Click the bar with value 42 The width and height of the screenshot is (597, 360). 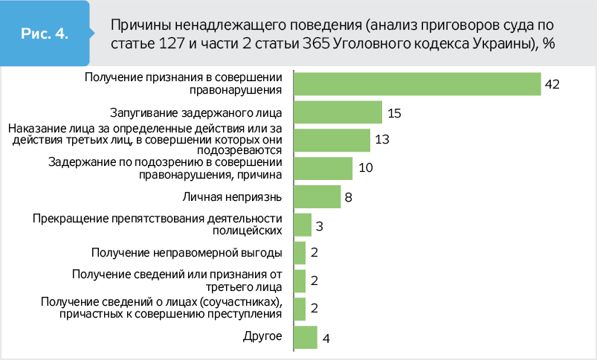click(x=417, y=84)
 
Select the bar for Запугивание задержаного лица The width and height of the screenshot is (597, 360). click(x=338, y=112)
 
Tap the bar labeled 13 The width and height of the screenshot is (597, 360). click(x=332, y=140)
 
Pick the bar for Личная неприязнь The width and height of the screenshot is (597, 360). click(x=317, y=196)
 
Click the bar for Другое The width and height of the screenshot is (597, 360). click(x=306, y=338)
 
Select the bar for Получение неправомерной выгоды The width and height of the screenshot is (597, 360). click(x=300, y=253)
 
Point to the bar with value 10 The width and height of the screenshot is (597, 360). click(x=323, y=168)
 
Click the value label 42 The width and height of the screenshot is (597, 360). click(x=552, y=84)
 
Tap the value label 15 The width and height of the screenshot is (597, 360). click(x=394, y=113)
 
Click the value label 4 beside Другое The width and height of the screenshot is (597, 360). click(x=326, y=338)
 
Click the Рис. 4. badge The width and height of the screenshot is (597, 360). click(x=45, y=34)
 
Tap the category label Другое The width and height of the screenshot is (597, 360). click(x=262, y=337)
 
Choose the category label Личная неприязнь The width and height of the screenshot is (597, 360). click(x=233, y=196)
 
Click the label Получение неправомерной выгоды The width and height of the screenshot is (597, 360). click(x=187, y=253)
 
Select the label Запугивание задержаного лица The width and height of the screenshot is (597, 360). click(x=196, y=113)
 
